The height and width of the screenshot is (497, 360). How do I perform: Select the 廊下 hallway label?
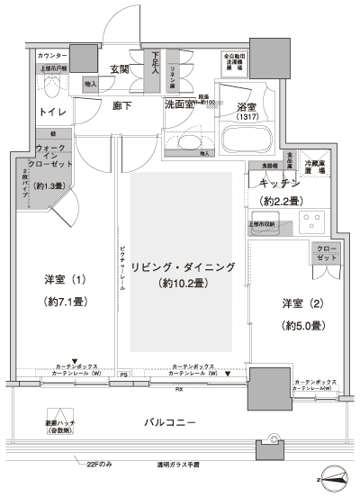point(123,105)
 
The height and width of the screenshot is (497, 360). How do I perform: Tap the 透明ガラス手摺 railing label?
point(178,465)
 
